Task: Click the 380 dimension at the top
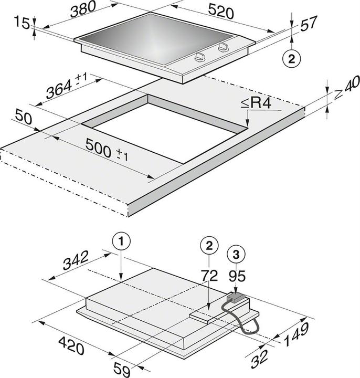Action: pyautogui.click(x=84, y=10)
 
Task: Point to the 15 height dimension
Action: pyautogui.click(x=19, y=23)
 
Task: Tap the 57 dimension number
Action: pyautogui.click(x=309, y=24)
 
